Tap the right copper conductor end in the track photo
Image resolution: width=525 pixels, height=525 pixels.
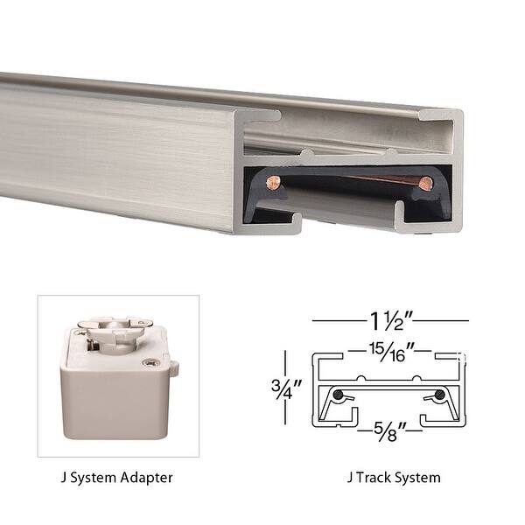pos(425,183)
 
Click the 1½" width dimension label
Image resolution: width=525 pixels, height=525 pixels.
pos(390,320)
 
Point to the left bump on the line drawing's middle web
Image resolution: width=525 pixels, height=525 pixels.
pos(360,379)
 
